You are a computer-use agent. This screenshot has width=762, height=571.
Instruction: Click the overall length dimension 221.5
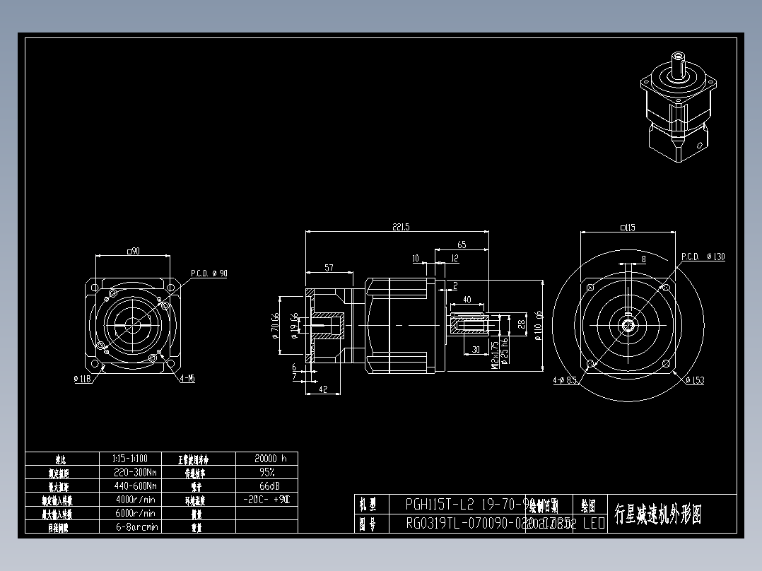pos(400,227)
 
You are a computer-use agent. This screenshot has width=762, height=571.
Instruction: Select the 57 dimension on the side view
pos(329,268)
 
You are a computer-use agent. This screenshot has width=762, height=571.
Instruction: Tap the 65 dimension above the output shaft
pos(462,245)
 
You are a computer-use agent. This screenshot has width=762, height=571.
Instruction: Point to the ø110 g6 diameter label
pos(538,326)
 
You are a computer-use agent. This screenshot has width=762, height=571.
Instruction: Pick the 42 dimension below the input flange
pos(323,389)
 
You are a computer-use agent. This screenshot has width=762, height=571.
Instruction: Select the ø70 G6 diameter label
pos(274,326)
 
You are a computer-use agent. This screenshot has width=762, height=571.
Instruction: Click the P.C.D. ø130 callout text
pos(703,257)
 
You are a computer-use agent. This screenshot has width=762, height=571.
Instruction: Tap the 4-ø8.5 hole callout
pos(565,380)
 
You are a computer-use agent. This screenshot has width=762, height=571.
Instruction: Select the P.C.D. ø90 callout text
pos(209,273)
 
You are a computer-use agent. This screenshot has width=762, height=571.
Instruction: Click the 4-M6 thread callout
pos(187,379)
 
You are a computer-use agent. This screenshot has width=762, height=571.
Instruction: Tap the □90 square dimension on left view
pos(131,251)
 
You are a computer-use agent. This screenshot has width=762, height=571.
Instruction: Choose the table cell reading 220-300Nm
pos(135,472)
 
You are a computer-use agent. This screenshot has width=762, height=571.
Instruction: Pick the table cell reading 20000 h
pos(266,458)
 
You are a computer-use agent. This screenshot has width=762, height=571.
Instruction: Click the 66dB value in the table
pos(266,486)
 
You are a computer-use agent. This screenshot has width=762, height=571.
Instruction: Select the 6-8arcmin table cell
pos(135,527)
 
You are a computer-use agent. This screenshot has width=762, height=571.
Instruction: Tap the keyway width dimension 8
pos(643,259)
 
